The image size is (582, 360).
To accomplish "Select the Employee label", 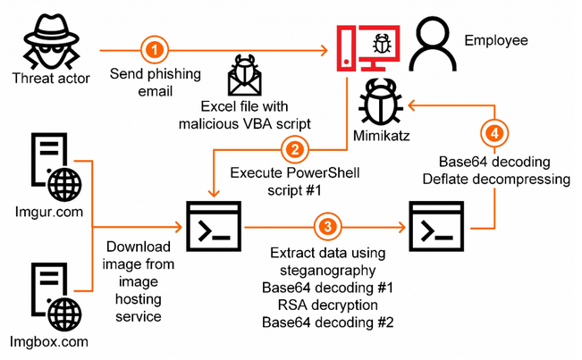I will coord(497,40).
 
